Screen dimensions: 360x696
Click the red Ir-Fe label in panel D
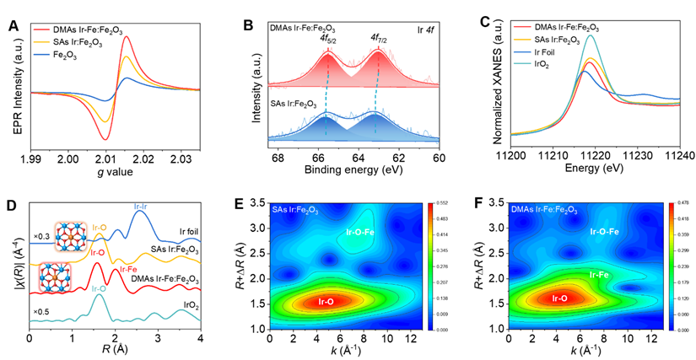click(130, 269)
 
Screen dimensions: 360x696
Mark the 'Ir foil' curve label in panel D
click(187, 231)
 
